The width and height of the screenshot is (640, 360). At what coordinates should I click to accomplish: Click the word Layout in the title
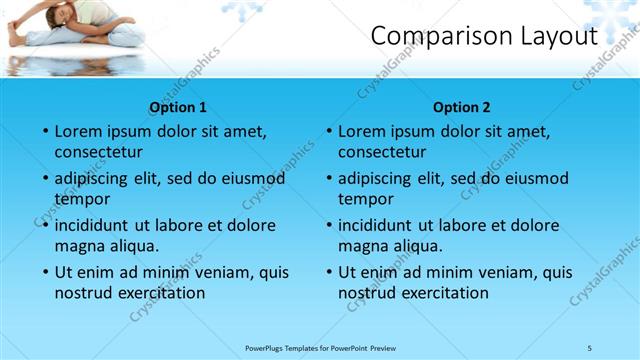(559, 36)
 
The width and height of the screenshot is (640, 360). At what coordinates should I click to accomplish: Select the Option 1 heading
(178, 107)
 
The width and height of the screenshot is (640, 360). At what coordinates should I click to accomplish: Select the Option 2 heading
(462, 107)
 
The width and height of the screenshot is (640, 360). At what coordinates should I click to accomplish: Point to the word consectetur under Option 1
(98, 152)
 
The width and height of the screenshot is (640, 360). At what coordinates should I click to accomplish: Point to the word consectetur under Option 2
(382, 152)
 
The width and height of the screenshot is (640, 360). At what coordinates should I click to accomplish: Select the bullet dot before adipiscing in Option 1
(44, 179)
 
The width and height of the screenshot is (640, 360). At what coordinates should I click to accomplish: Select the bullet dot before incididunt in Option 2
(328, 226)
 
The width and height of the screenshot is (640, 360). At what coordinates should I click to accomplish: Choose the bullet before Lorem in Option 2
(328, 132)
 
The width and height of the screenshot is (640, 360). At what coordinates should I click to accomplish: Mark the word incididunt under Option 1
(96, 226)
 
